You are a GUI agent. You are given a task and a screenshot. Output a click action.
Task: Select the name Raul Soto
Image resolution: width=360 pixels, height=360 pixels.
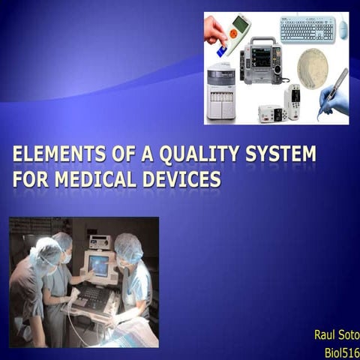pyautogui.click(x=337, y=334)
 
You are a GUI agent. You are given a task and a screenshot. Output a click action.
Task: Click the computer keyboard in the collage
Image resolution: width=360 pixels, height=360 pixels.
pyautogui.click(x=307, y=29)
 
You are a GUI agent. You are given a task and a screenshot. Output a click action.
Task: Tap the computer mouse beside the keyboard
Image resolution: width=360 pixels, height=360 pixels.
pyautogui.click(x=343, y=29)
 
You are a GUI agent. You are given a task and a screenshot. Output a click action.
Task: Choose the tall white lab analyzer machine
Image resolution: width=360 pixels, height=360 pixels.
pyautogui.click(x=221, y=91)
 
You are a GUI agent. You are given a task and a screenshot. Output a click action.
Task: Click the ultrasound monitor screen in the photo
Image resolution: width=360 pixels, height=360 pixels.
pyautogui.click(x=99, y=265)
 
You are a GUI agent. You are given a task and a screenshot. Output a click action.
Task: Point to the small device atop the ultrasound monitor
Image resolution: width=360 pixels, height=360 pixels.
pyautogui.click(x=99, y=241)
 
